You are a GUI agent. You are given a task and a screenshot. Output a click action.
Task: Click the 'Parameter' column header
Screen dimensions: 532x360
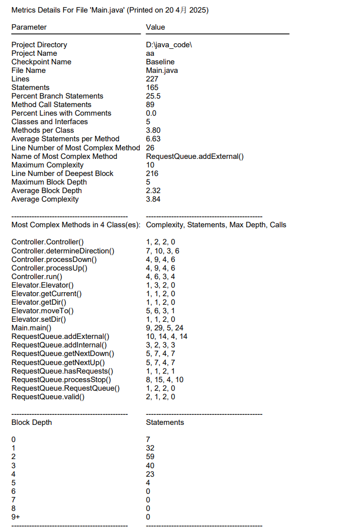[x=29, y=27]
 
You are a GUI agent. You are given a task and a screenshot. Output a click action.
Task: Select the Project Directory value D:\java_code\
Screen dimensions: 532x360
[x=169, y=45]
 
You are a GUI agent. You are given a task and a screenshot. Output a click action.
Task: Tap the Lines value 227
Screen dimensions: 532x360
[x=152, y=79]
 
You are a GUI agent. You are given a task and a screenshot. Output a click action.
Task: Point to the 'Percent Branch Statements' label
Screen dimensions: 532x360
[x=57, y=96]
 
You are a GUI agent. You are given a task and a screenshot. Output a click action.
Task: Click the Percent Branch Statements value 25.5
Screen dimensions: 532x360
[x=153, y=96]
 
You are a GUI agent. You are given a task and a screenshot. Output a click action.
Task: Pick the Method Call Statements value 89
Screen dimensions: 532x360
[x=150, y=105]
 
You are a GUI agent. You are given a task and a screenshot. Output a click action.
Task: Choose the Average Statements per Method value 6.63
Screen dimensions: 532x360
[x=153, y=139]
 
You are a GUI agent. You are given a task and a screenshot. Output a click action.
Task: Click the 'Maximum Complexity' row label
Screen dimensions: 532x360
[x=47, y=165]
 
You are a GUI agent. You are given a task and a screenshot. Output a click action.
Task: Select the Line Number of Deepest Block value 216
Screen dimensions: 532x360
[x=152, y=173]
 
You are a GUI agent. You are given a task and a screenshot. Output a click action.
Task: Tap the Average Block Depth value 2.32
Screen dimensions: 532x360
[x=153, y=191]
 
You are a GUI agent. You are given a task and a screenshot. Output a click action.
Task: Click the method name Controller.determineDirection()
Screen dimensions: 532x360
[x=63, y=251]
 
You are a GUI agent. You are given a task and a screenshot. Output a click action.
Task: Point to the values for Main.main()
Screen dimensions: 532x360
[x=165, y=328]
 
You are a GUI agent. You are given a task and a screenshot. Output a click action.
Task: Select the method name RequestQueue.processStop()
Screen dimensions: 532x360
[x=61, y=380]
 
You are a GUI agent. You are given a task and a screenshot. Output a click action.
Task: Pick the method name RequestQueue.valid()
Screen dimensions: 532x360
[x=48, y=397]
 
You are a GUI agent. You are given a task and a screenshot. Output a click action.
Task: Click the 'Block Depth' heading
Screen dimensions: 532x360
[x=32, y=422]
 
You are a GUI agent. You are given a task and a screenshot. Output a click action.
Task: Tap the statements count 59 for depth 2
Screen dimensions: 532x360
[x=150, y=457]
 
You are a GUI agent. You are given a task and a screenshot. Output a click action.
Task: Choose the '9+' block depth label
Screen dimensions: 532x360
[x=16, y=517]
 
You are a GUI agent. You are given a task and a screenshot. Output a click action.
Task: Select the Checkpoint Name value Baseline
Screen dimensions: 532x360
[x=160, y=62]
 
